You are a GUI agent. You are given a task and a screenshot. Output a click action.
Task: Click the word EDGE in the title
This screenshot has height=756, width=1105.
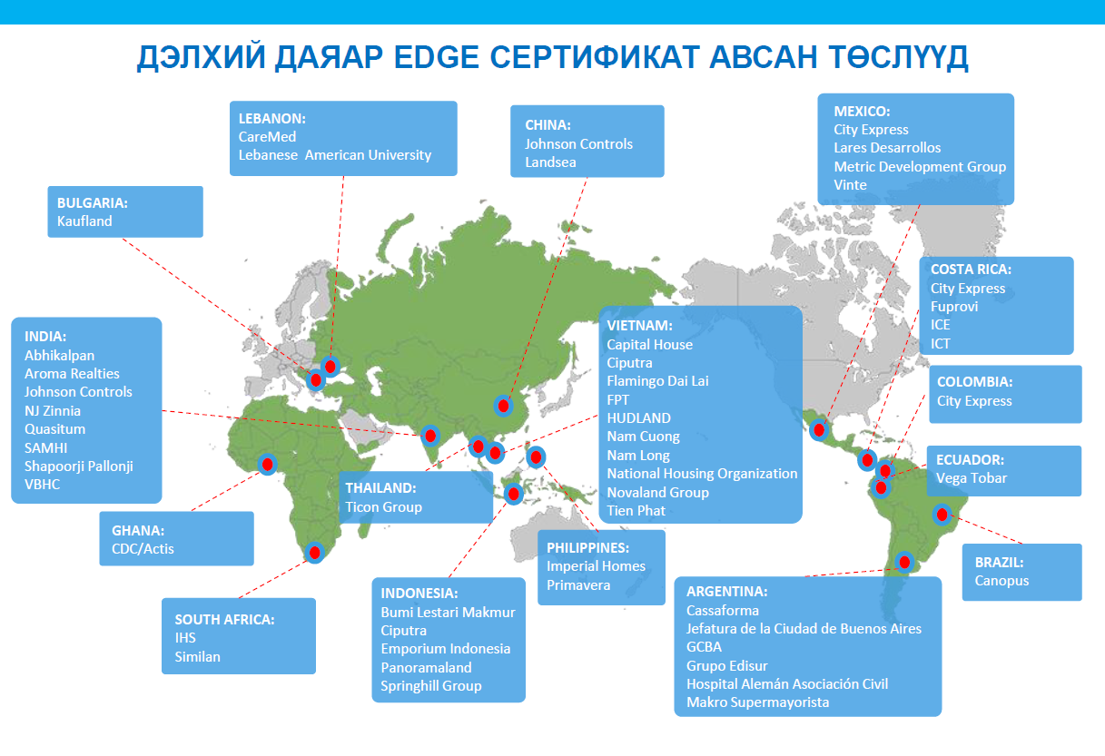click(436, 56)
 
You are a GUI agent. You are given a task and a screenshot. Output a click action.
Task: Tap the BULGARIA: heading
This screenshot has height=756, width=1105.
click(93, 202)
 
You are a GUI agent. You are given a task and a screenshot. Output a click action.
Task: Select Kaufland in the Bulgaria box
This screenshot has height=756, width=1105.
click(84, 221)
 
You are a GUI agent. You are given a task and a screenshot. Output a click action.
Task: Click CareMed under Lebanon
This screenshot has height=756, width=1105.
click(267, 137)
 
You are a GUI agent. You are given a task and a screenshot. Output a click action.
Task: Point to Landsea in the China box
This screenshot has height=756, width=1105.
click(550, 162)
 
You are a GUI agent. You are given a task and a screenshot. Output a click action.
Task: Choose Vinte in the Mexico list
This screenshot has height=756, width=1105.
click(850, 185)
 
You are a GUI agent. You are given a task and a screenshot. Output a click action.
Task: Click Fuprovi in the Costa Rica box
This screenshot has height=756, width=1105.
click(954, 307)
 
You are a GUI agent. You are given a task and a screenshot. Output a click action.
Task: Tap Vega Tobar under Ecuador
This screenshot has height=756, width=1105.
click(972, 478)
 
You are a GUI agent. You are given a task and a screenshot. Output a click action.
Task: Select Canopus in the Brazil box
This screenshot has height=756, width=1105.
click(1001, 581)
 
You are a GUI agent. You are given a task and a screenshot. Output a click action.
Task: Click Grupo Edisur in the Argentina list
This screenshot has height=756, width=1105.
click(727, 666)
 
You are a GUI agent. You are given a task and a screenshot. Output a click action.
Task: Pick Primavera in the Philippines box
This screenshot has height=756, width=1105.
click(578, 584)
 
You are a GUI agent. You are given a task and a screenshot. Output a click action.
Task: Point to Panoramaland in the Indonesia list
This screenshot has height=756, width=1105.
click(426, 667)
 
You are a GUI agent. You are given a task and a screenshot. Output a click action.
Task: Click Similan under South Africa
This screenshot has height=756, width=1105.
click(197, 656)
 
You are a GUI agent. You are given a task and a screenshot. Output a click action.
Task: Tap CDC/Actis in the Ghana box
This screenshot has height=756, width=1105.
click(143, 548)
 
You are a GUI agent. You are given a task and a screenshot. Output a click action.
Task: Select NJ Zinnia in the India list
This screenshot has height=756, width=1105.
click(53, 410)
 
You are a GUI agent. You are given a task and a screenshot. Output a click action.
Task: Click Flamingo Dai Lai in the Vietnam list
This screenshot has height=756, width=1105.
click(657, 380)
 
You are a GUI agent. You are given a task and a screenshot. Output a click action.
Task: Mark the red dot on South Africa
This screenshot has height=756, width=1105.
click(315, 553)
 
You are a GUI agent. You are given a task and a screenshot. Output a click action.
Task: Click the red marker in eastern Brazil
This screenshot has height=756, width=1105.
click(942, 515)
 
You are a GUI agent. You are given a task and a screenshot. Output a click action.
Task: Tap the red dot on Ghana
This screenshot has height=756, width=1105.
click(267, 464)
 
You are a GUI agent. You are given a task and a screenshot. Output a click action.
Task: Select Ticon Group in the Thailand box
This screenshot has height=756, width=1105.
click(383, 507)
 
